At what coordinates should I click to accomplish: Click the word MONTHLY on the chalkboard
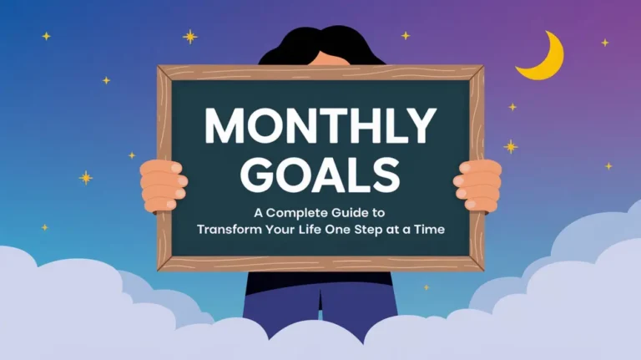pyautogui.click(x=320, y=127)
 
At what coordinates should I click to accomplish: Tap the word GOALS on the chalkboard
pyautogui.click(x=320, y=174)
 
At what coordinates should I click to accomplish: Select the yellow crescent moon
pyautogui.click(x=540, y=58)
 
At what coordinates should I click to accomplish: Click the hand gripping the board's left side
pyautogui.click(x=163, y=185)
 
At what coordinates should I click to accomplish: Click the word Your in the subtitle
pyautogui.click(x=291, y=227)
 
